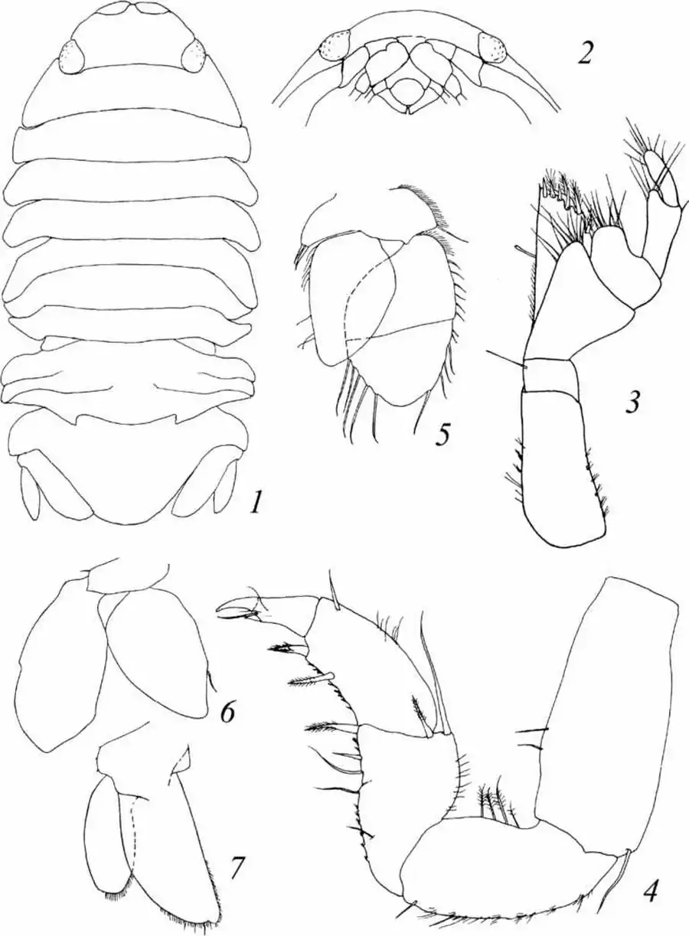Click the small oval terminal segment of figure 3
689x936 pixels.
click(651, 162)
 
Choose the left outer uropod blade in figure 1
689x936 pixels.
click(30, 491)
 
